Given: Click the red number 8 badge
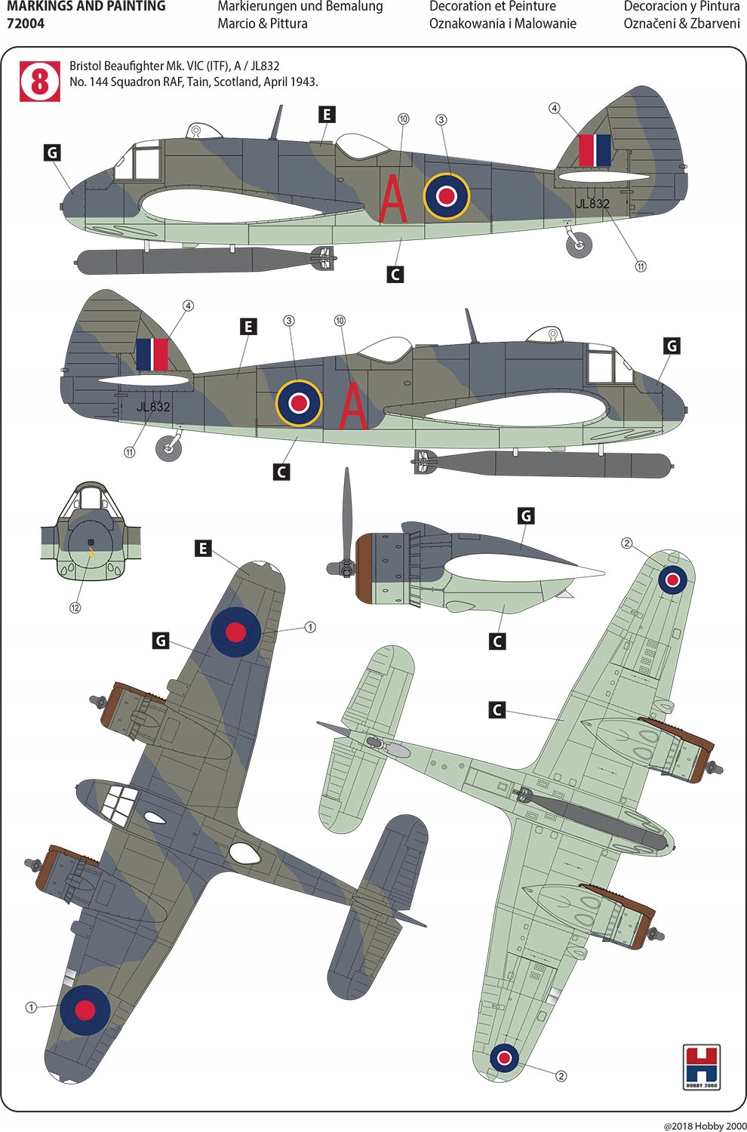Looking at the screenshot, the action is [39, 82].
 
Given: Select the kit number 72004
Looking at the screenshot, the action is [26, 23].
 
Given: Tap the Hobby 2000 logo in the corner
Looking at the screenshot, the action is [701, 1066].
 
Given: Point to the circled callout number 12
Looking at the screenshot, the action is [75, 608].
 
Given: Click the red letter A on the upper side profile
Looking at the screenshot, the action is [392, 199].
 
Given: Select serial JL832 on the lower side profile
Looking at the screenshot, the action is [153, 407].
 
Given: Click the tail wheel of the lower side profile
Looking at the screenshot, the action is [168, 448].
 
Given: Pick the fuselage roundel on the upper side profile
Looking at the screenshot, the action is [447, 195].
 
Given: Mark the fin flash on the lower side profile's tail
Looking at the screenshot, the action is [152, 354].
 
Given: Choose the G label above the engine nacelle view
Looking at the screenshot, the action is [526, 515].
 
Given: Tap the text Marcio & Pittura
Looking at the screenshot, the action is [263, 23].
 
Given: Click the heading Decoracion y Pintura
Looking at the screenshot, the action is [681, 7].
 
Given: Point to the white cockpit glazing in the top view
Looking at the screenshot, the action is [118, 803].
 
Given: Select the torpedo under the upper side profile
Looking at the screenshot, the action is [204, 260].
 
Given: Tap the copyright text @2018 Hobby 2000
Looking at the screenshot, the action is [705, 1125].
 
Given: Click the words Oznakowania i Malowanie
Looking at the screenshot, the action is [503, 23].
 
